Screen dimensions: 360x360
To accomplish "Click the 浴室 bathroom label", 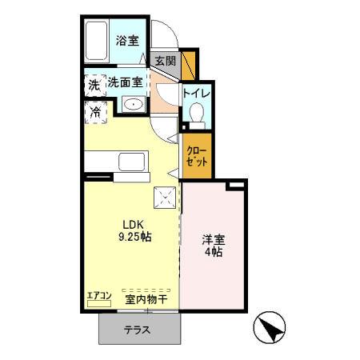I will pos(126,40).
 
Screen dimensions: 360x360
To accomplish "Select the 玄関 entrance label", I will pos(165,62).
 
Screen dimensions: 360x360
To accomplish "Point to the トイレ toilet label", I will pos(197,93).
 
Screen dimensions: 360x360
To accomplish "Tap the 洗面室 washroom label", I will pos(126,82).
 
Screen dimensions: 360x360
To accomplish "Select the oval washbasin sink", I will pos(134,105).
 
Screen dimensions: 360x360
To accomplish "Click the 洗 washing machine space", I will pos(94,84).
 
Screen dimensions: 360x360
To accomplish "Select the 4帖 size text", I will pos(213,253).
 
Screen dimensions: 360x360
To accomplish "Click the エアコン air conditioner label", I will pos(98,295).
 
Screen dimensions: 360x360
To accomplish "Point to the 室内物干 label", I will pos(146,299).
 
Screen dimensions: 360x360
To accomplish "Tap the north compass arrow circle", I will pos(270,329).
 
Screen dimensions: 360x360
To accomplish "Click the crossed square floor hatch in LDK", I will pos(166,196).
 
